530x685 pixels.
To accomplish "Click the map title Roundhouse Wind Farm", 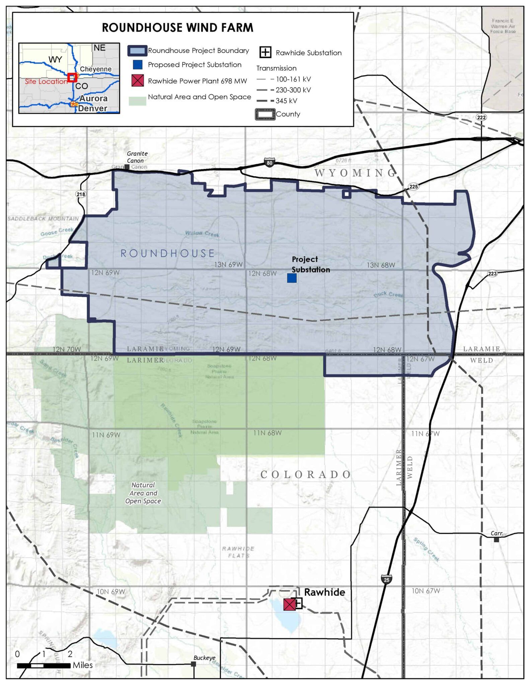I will click(x=177, y=28).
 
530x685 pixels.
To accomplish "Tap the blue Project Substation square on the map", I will click(x=292, y=278).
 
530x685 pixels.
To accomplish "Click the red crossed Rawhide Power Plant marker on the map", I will click(x=289, y=604).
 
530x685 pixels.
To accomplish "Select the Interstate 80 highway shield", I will click(x=269, y=163).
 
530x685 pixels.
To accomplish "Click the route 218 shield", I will click(x=81, y=194).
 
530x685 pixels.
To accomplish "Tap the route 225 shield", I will click(x=413, y=187).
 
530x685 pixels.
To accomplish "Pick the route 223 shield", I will click(x=492, y=274).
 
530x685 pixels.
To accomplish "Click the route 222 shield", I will click(x=481, y=117).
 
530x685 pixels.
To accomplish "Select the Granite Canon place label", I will click(x=137, y=157).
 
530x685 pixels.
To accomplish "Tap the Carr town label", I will click(x=496, y=533).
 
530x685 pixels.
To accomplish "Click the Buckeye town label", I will click(x=204, y=658).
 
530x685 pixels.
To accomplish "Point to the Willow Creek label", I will click(x=202, y=234).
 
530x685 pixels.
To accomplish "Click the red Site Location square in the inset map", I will click(x=72, y=78).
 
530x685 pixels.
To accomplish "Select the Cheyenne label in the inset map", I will click(x=96, y=69).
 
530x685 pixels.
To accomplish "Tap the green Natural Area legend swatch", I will click(x=137, y=101).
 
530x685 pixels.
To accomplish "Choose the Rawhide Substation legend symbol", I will click(x=265, y=53).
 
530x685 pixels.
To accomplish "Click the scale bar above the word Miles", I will click(x=44, y=665).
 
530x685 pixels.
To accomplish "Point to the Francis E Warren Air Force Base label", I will click(x=503, y=26).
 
